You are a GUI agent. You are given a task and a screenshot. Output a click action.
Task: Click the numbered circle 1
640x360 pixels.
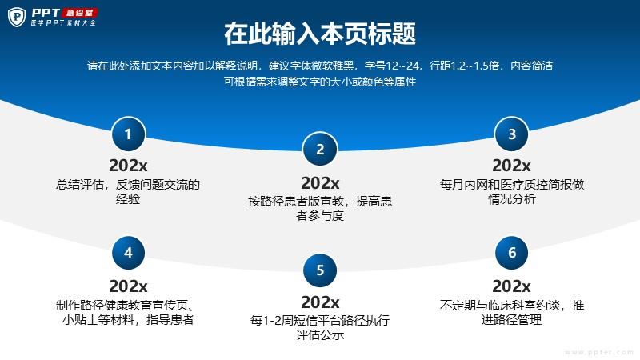tap(128, 134)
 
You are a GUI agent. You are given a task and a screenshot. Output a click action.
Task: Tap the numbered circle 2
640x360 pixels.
tap(320, 150)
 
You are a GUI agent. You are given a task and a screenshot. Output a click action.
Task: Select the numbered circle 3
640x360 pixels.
tap(511, 134)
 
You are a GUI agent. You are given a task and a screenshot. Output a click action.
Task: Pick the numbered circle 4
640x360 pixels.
tap(128, 253)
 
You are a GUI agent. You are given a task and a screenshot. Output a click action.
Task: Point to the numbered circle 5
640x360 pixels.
tap(320, 270)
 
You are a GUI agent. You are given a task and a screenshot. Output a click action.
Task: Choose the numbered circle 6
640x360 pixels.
tap(511, 253)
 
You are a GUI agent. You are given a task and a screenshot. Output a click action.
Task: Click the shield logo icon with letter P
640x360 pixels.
tap(17, 17)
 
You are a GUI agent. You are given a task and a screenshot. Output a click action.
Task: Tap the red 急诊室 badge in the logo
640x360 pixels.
tap(79, 13)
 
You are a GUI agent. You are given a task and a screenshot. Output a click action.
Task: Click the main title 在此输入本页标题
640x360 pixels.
tap(320, 34)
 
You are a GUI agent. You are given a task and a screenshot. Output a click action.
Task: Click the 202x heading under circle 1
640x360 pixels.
tap(128, 166)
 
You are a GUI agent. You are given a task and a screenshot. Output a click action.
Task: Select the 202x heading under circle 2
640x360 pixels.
tap(320, 183)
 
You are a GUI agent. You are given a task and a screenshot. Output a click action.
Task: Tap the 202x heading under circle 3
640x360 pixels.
tap(511, 166)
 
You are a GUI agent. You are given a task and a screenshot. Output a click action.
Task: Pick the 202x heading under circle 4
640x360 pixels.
tap(128, 286)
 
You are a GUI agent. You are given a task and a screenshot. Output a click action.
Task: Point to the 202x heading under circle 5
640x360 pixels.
tap(320, 302)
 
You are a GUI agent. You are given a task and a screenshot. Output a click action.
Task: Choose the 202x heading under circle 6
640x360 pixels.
tap(511, 286)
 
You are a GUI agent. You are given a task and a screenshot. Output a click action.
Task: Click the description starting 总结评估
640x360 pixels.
tap(128, 192)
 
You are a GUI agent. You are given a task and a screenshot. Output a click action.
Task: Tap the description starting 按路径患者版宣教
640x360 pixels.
tap(320, 209)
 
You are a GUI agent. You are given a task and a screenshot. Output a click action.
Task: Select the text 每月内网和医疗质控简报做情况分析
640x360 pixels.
tap(512, 192)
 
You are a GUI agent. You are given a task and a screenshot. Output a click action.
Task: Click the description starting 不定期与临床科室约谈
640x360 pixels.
tap(512, 312)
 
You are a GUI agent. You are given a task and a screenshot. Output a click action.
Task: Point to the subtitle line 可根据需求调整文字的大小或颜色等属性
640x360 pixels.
tap(320, 82)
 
